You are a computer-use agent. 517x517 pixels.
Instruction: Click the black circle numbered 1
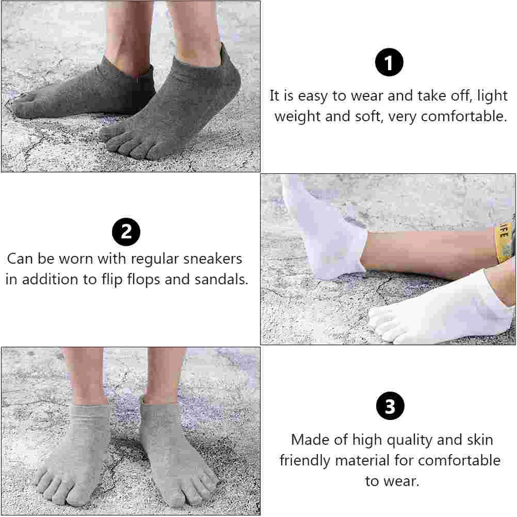[389, 63]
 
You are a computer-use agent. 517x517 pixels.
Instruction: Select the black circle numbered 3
[390, 406]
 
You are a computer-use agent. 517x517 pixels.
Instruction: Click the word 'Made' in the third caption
[309, 440]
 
